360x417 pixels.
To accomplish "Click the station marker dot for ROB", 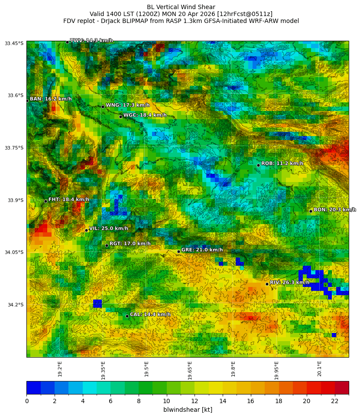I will pyautogui.click(x=258, y=165).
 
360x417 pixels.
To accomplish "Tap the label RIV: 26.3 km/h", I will pyautogui.click(x=289, y=283).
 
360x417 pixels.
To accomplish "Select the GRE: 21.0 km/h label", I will pyautogui.click(x=202, y=250).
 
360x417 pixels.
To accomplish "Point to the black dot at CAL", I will pyautogui.click(x=127, y=316).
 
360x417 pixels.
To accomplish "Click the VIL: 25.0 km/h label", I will pyautogui.click(x=108, y=229).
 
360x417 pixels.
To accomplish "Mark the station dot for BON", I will pyautogui.click(x=311, y=211).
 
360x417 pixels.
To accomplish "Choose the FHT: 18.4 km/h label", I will pyautogui.click(x=68, y=200).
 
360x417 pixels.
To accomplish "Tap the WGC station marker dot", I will pyautogui.click(x=120, y=117).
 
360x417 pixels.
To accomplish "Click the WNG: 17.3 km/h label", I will pyautogui.click(x=128, y=105).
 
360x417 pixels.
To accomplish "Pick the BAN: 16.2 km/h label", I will pyautogui.click(x=51, y=99).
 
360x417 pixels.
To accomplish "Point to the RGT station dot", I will pyautogui.click(x=107, y=245).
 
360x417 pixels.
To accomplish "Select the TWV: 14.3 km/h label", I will pyautogui.click(x=91, y=41).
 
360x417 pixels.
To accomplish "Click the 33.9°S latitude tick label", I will pyautogui.click(x=14, y=200).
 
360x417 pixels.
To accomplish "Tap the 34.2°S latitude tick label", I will pyautogui.click(x=14, y=305).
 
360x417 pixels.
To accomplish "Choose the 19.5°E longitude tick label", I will pyautogui.click(x=146, y=369).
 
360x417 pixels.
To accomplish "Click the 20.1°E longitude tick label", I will pyautogui.click(x=319, y=369).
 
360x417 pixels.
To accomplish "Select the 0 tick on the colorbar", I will pyautogui.click(x=27, y=401).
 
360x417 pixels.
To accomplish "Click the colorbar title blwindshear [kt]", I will pyautogui.click(x=188, y=410).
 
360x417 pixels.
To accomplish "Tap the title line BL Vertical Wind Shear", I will pyautogui.click(x=181, y=7).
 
